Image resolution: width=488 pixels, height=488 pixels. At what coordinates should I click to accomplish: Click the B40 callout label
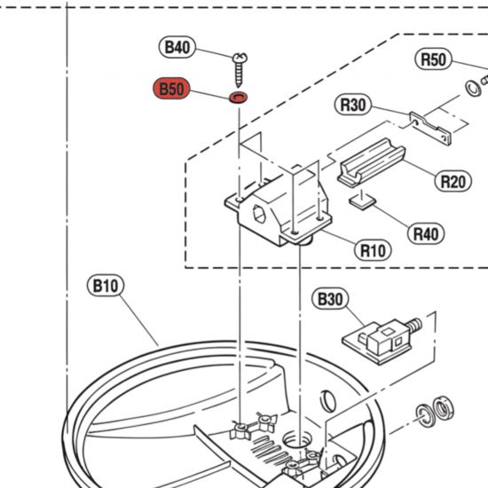point(177,48)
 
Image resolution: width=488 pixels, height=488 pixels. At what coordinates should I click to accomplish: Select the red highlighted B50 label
point(173,89)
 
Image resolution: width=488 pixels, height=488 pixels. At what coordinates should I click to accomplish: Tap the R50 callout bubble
point(434,59)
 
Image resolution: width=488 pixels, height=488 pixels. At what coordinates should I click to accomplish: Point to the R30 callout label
point(354,105)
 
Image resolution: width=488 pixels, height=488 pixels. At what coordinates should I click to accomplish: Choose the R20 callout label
point(453,182)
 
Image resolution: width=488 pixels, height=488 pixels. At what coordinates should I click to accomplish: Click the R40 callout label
point(425,233)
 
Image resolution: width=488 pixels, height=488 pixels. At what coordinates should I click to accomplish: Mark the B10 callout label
point(106,286)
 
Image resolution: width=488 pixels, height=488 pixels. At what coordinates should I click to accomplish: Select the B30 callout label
point(330,299)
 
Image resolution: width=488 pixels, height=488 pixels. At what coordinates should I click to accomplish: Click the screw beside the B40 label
point(240,63)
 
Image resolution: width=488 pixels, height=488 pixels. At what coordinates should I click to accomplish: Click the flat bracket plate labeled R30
point(431,126)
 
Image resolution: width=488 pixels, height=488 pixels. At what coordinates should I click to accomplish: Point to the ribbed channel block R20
point(371,165)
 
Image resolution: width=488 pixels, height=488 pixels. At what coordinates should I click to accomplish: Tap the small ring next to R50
point(469,87)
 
